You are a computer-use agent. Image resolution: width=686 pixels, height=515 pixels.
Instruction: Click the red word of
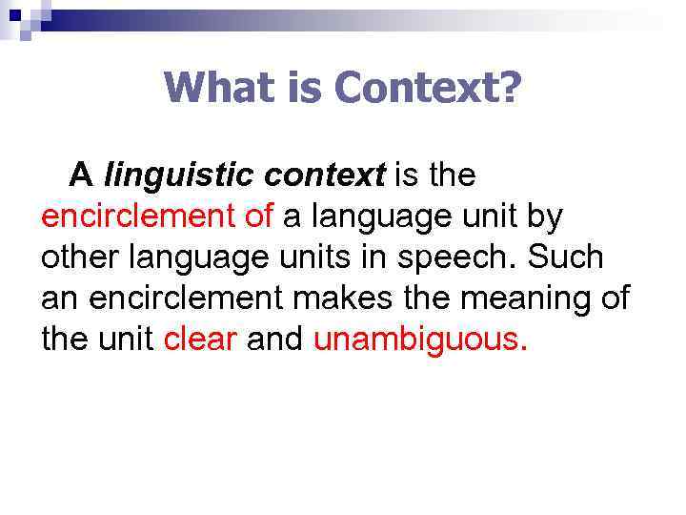(x=259, y=216)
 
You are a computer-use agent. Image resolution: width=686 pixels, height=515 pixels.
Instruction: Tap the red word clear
(x=200, y=340)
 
